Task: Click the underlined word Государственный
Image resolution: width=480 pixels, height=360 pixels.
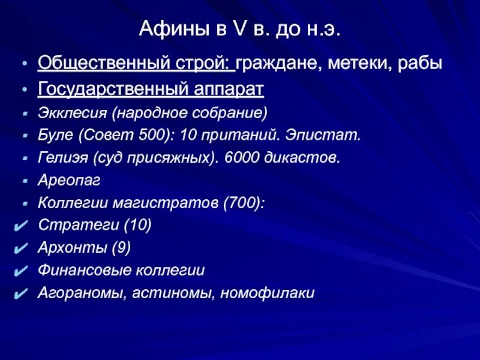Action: click(x=114, y=89)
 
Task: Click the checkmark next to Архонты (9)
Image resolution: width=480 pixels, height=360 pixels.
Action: click(x=19, y=248)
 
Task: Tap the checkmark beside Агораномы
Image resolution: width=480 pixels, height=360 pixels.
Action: click(x=19, y=293)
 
